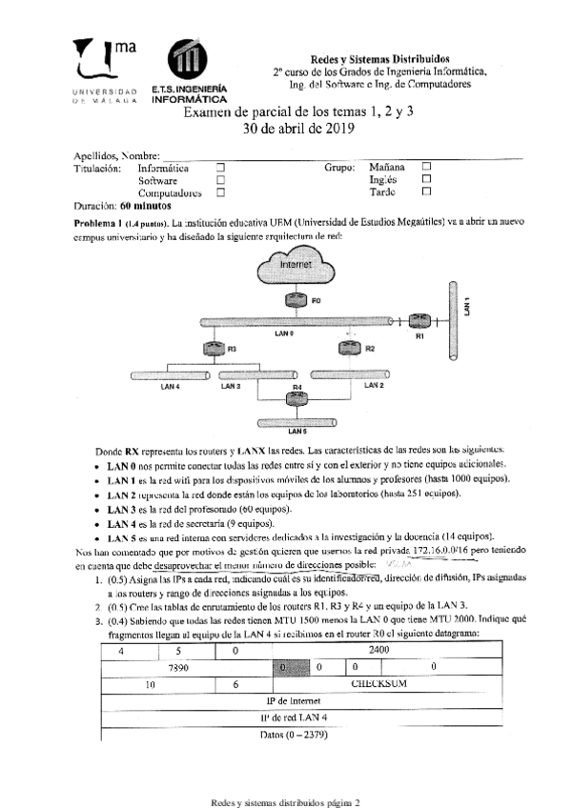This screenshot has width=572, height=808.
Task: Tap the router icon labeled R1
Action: tap(419, 323)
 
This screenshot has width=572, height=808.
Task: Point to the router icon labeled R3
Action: tap(214, 350)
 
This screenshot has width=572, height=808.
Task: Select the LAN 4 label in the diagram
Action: tap(171, 387)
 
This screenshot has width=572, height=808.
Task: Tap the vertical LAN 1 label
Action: tap(466, 305)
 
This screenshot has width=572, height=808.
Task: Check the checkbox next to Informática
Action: tap(220, 168)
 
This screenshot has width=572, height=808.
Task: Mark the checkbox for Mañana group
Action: tap(426, 168)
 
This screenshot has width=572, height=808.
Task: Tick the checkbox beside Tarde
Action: tap(426, 192)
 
